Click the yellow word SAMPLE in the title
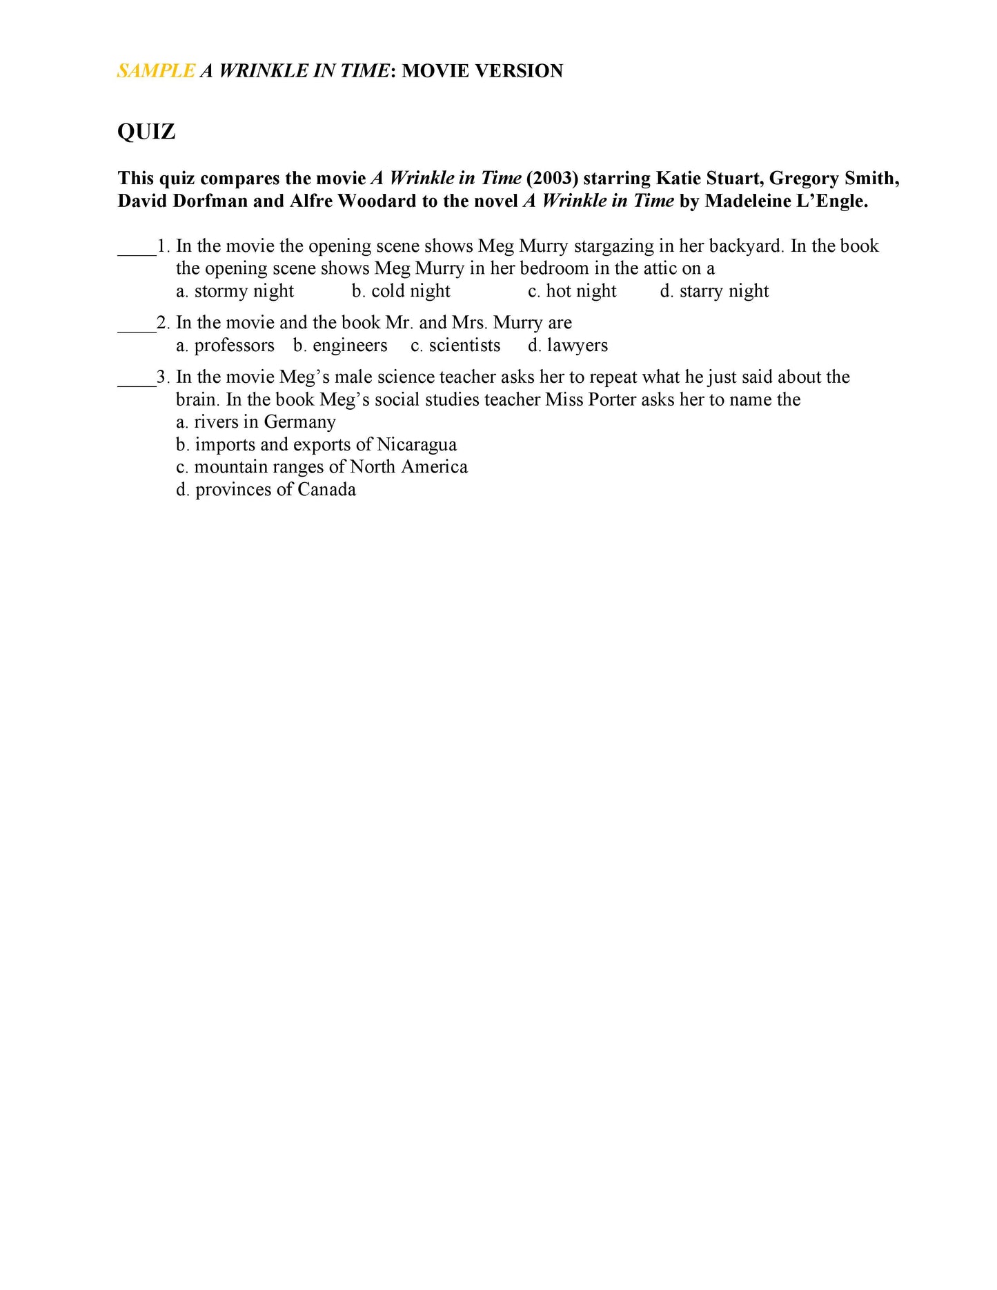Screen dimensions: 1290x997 point(156,71)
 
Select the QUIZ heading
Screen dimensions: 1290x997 point(146,132)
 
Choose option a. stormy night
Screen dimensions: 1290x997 point(235,291)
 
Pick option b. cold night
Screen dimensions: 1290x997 point(401,291)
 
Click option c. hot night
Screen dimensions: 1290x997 point(572,291)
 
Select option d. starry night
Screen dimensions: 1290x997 point(714,291)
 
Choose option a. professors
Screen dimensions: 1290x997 point(225,346)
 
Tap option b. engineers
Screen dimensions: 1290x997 point(340,346)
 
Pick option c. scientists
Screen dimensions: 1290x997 point(455,346)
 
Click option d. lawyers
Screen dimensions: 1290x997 point(568,346)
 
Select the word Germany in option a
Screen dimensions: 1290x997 point(299,422)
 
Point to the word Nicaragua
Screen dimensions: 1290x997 point(417,445)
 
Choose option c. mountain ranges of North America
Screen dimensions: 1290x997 point(322,467)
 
